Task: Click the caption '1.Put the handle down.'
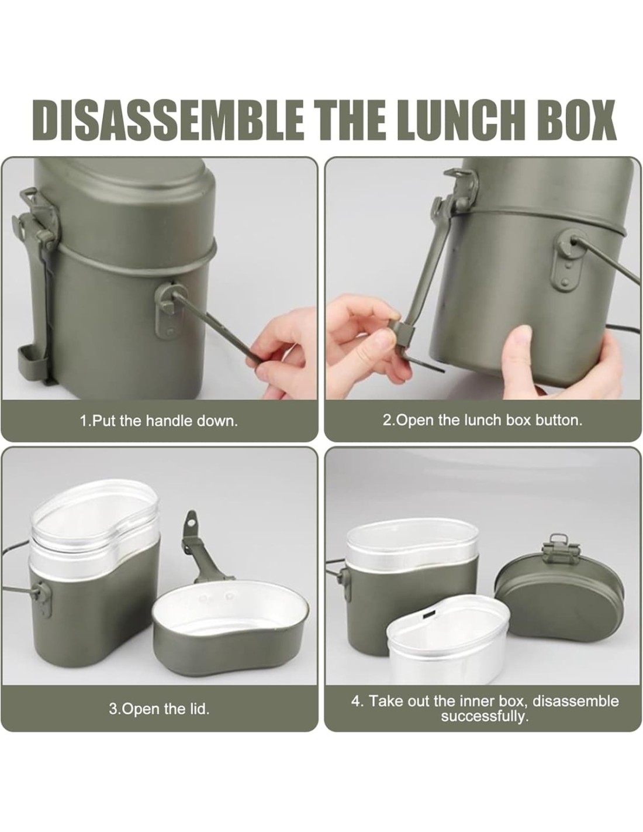click(159, 421)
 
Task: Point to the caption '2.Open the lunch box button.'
click(482, 421)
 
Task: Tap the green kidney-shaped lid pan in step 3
click(231, 624)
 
